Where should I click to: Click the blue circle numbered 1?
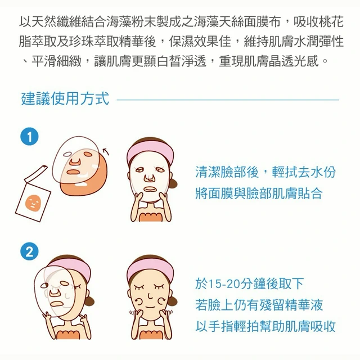click(29, 137)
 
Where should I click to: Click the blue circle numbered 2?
click(29, 251)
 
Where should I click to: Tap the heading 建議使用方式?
click(65, 99)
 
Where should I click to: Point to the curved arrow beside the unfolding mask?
click(106, 151)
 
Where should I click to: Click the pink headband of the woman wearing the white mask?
click(150, 150)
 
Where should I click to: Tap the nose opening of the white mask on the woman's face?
click(149, 178)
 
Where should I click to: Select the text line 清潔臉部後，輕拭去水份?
click(265, 172)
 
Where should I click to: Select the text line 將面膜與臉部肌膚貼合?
click(259, 193)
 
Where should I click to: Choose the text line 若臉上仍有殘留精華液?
click(259, 305)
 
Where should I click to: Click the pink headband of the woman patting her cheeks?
click(150, 268)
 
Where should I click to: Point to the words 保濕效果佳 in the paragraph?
click(200, 42)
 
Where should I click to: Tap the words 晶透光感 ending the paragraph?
click(294, 61)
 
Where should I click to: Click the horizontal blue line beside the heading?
click(228, 100)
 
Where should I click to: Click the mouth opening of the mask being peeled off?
click(56, 304)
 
